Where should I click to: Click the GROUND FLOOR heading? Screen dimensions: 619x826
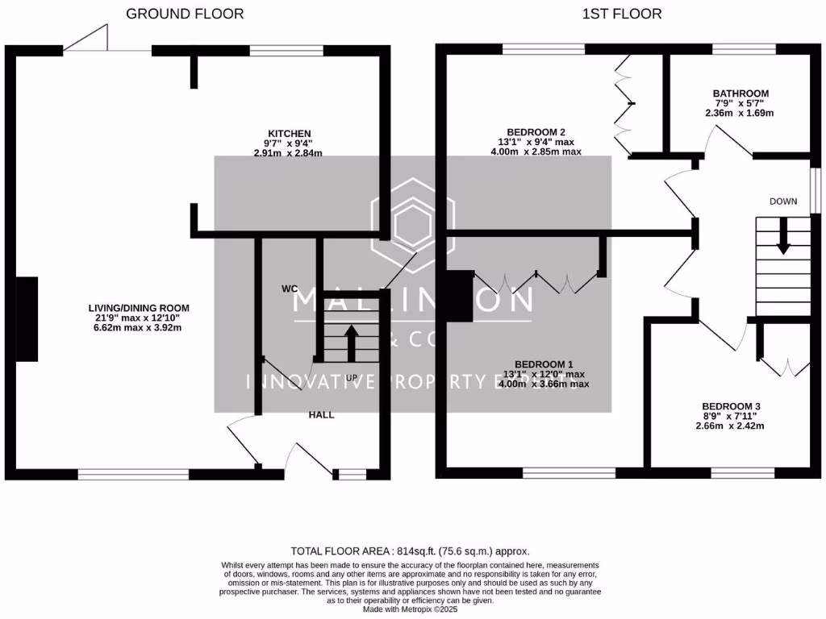(x=185, y=14)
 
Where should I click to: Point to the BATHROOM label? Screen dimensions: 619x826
(x=740, y=93)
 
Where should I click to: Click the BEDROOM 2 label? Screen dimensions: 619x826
(x=536, y=132)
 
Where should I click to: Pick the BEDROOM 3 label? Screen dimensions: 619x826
(x=732, y=406)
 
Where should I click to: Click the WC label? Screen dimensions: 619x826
(x=290, y=288)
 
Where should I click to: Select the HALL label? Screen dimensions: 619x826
(x=321, y=414)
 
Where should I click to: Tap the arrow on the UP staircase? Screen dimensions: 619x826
(x=351, y=342)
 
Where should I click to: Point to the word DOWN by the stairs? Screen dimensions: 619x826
(x=782, y=201)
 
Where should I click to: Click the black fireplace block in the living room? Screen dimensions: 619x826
(x=27, y=318)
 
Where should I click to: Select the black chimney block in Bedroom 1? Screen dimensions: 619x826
(x=460, y=297)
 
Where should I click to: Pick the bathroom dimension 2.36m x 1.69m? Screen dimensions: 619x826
(x=740, y=113)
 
